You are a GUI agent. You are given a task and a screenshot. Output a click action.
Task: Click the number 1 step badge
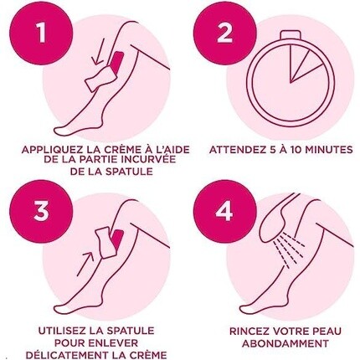point(41,33)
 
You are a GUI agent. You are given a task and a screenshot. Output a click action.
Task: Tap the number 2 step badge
point(224,33)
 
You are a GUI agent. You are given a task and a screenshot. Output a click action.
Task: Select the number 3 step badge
point(41,212)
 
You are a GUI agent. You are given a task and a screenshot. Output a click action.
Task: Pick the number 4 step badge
point(224,212)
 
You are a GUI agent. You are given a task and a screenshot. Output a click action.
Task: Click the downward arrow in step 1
point(99,52)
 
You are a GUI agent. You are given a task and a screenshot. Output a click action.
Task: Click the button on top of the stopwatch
point(291,35)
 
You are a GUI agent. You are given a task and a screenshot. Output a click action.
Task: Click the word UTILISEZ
point(62,331)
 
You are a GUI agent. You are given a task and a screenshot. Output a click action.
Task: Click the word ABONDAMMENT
point(285,343)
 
